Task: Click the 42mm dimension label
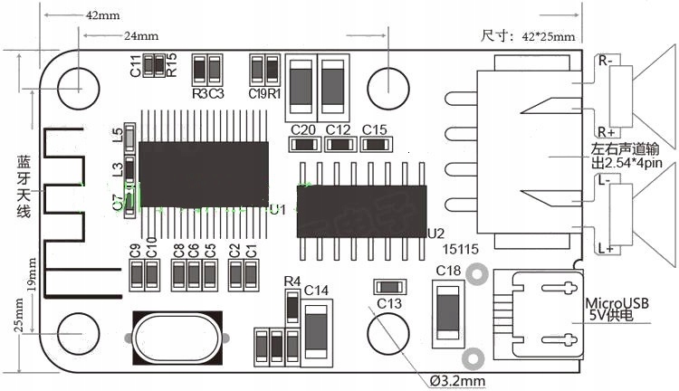[x=100, y=16]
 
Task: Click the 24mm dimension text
[x=141, y=36]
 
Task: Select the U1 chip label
[x=277, y=209]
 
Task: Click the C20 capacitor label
[x=303, y=129]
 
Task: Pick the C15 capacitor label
[x=374, y=129]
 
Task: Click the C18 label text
[x=448, y=271]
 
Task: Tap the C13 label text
[x=389, y=302]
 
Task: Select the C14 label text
[x=316, y=291]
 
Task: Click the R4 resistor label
[x=292, y=281]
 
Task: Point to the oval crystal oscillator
[x=177, y=335]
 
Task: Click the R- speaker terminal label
[x=604, y=61]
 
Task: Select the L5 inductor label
[x=117, y=135]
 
